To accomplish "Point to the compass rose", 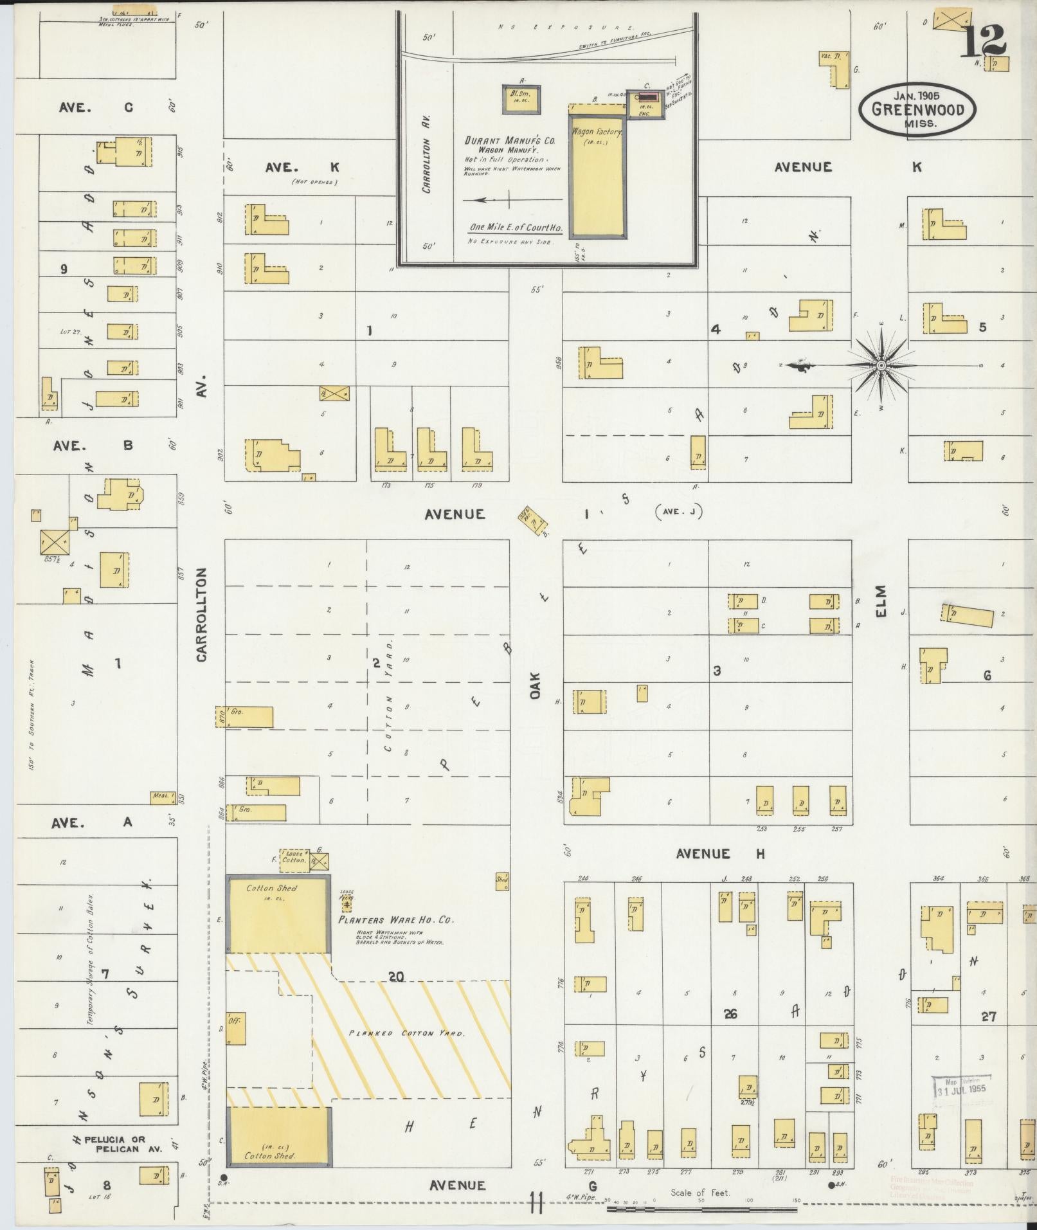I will (x=881, y=365).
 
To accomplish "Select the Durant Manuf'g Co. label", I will (x=510, y=140).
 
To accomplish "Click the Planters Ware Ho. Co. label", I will (x=396, y=919).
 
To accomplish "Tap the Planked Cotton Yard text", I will (x=406, y=1033).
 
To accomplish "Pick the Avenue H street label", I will (x=720, y=854).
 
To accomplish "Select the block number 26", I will (x=730, y=1014).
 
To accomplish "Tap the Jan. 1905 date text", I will (x=916, y=95).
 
